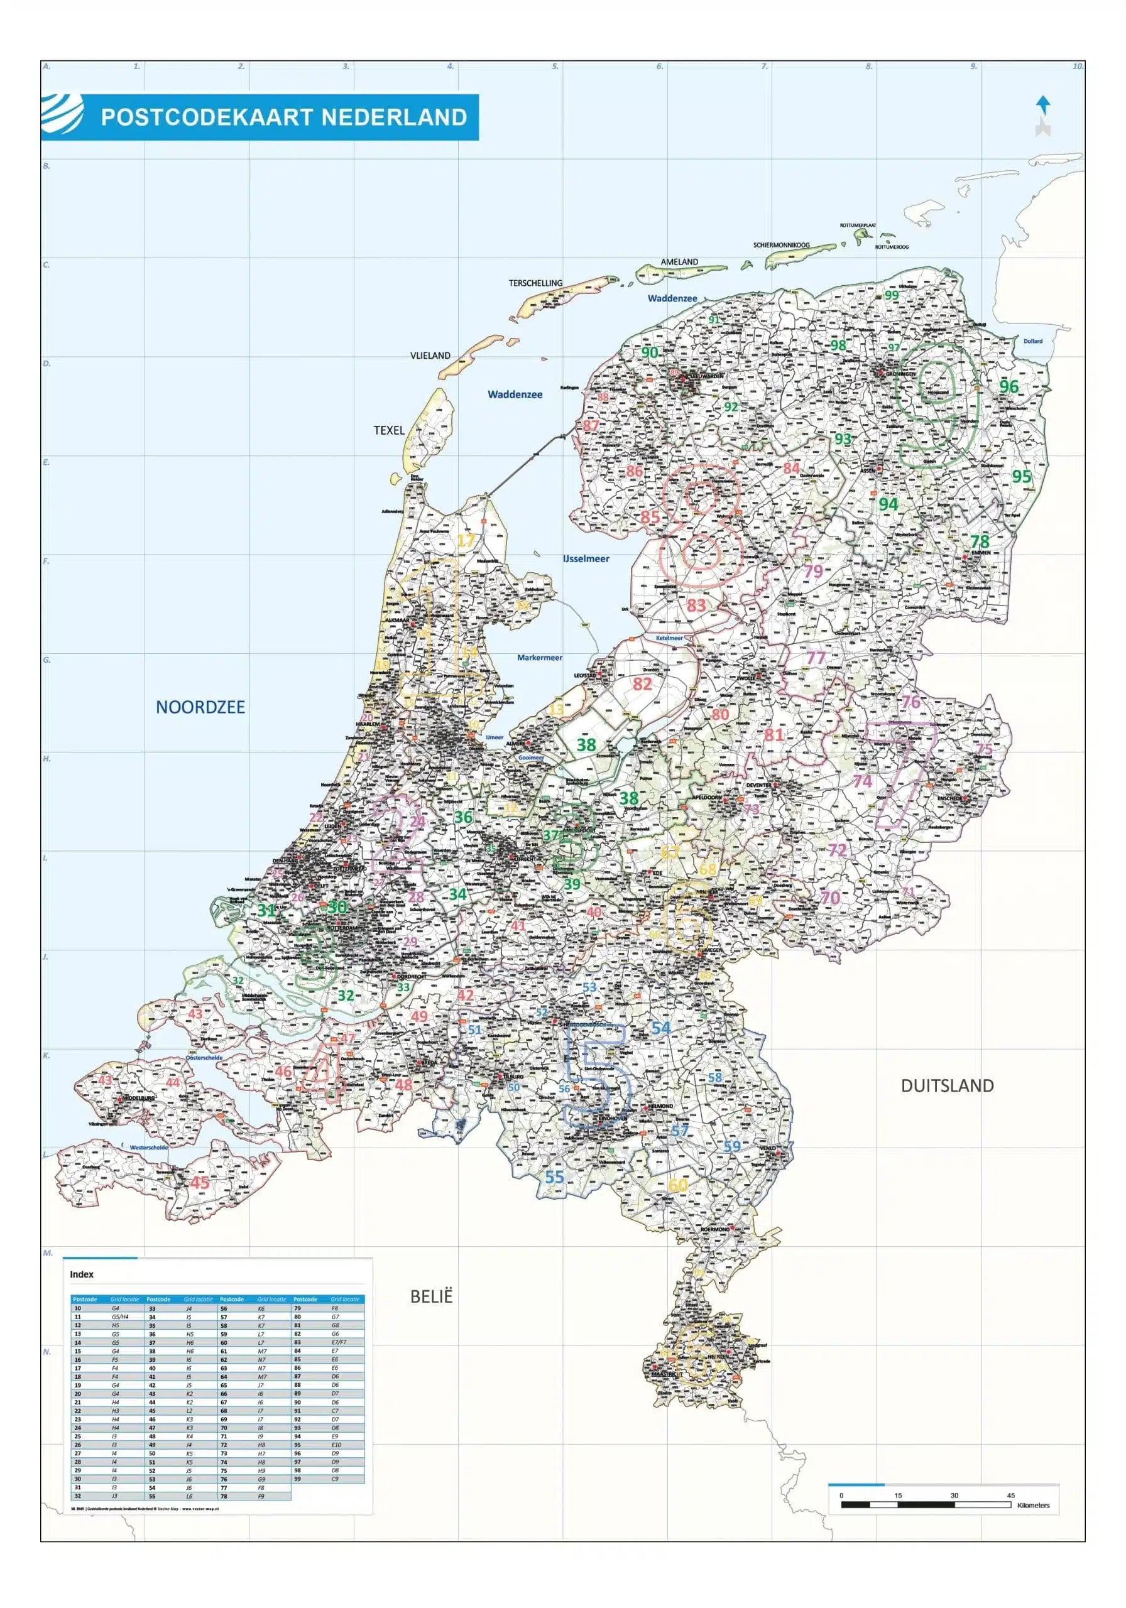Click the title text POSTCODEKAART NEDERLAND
coord(283,117)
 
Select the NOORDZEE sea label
coord(200,707)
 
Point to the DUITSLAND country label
coord(947,1085)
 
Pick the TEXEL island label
coord(388,430)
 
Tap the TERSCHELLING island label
coord(535,283)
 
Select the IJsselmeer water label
coord(586,559)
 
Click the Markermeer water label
coord(539,658)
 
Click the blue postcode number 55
coord(554,1177)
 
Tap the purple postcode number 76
coord(910,702)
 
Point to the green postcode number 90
coord(650,352)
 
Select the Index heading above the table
coord(81,1274)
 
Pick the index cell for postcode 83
coord(298,1342)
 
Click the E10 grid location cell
coord(336,1444)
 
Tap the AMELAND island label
coord(679,262)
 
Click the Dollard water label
coord(1032,341)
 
